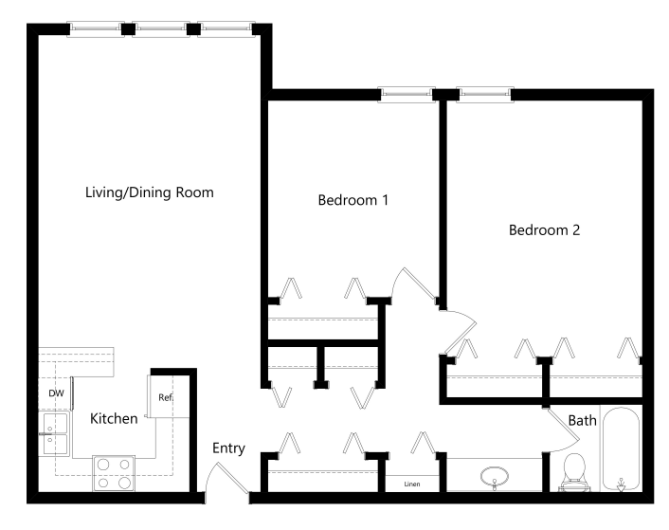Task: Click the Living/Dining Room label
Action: (150, 192)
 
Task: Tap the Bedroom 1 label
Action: (353, 201)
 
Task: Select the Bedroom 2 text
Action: (544, 229)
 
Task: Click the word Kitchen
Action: (114, 418)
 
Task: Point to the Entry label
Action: (228, 448)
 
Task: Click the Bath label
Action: (582, 420)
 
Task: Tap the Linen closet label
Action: (411, 484)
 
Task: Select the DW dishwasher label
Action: (56, 393)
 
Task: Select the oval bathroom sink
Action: (494, 476)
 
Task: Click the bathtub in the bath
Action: (620, 449)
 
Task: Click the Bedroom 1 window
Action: (407, 95)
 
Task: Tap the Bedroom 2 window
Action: (486, 95)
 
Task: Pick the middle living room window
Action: (161, 28)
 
